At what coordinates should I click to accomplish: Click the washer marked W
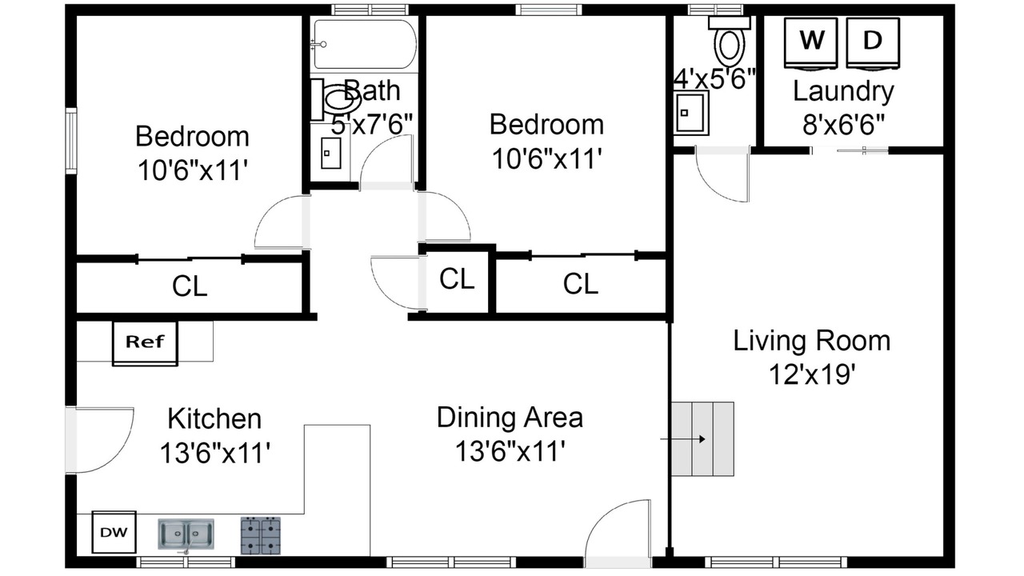pos(811,44)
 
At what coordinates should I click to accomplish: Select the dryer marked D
pos(873,44)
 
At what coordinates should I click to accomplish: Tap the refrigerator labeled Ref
pos(145,343)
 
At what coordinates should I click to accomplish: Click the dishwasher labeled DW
pos(114,532)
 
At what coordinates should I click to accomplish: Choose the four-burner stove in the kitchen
pos(261,535)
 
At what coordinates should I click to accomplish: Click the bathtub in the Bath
pos(364,44)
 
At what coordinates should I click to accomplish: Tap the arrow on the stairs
pos(682,439)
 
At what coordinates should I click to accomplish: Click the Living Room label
pos(812,341)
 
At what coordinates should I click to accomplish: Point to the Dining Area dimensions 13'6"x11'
pos(510,450)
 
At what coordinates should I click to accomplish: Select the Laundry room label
pos(843,91)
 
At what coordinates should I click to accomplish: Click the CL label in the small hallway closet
pos(457,278)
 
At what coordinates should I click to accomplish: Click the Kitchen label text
pos(214,419)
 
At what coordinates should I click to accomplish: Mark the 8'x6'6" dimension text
pos(843,125)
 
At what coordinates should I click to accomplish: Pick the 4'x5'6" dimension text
pos(714,78)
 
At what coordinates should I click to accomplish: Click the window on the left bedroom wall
pos(71,141)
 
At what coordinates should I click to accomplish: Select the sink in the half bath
pos(690,113)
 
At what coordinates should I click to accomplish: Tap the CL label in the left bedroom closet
pos(190,286)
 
